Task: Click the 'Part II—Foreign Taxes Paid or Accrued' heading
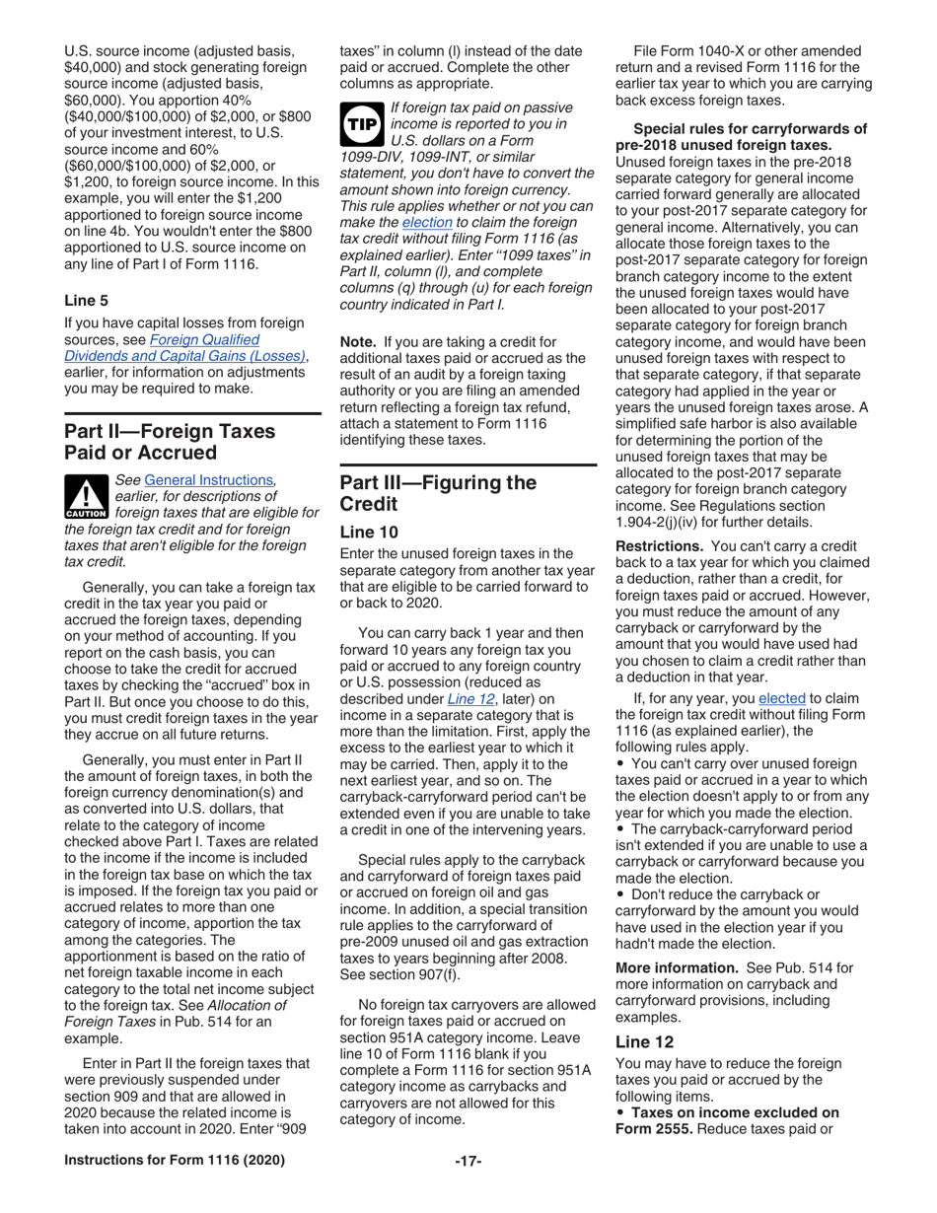pos(170,442)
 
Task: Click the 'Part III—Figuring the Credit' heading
pos(438,493)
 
